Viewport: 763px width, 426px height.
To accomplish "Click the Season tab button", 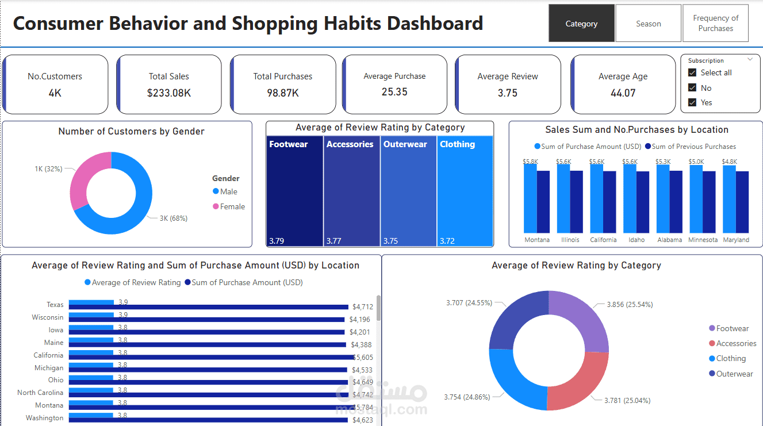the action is point(648,24).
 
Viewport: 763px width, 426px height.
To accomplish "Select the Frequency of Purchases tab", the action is point(716,23).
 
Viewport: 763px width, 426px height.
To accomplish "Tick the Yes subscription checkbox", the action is point(692,102).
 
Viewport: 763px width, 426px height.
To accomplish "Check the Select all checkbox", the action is point(692,72).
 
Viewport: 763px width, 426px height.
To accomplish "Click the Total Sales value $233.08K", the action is point(169,93).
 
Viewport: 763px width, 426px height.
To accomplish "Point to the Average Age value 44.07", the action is point(623,93).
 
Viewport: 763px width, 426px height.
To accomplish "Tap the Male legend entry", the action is point(225,191).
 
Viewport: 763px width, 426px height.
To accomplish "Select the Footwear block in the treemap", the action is point(294,191).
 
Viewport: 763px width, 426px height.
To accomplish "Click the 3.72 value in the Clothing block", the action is point(447,241).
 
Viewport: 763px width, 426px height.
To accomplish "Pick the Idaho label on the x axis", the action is point(637,240).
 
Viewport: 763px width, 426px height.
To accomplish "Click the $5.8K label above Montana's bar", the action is point(530,162).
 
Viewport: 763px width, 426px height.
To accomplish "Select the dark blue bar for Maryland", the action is point(742,202).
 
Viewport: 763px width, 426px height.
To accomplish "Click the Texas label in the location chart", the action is point(55,305).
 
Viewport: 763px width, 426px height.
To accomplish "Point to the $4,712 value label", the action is point(363,307).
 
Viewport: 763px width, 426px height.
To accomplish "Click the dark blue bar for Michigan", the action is point(208,370).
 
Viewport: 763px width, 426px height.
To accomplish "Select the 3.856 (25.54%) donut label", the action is point(630,305).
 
